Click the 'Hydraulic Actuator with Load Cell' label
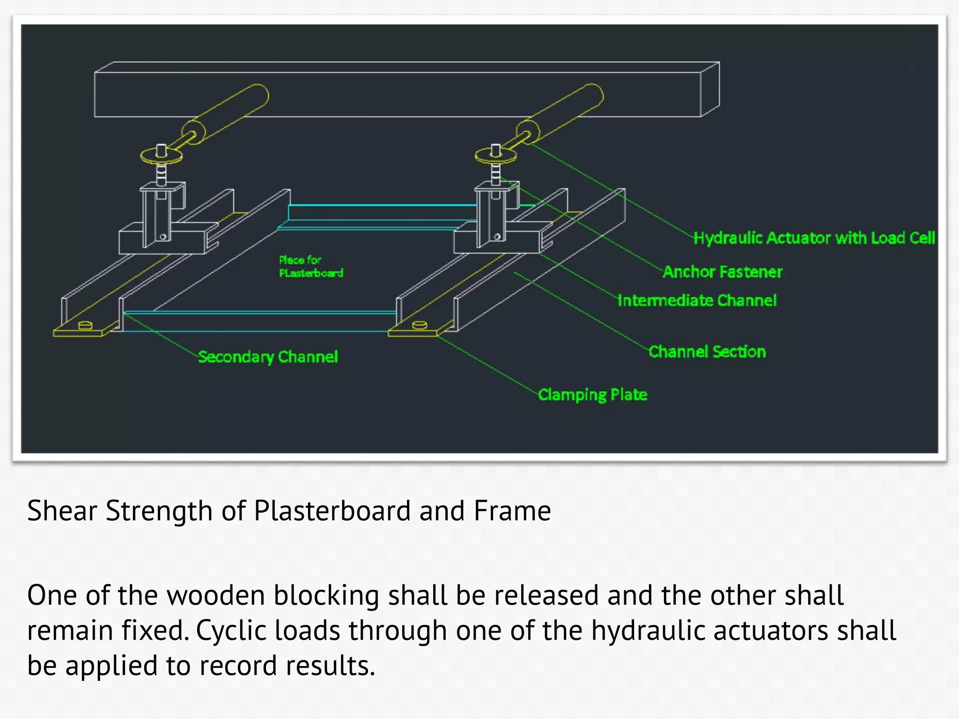814,238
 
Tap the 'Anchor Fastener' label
723,272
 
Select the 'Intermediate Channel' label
697,301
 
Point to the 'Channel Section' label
707,352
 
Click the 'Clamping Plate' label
592,395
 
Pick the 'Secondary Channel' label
267,357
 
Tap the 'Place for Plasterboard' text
311,266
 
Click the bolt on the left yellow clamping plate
85,325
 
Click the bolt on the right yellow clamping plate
419,325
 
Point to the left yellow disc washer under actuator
162,156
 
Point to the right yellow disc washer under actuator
496,156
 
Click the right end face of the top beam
710,89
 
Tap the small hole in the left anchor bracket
163,237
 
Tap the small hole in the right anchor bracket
497,237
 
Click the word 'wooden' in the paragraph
216,595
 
